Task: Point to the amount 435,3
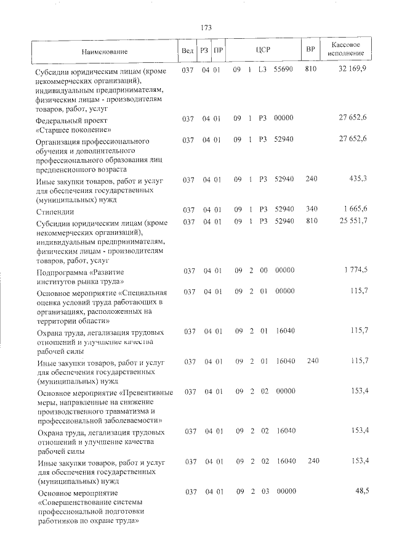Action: pos(358,179)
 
